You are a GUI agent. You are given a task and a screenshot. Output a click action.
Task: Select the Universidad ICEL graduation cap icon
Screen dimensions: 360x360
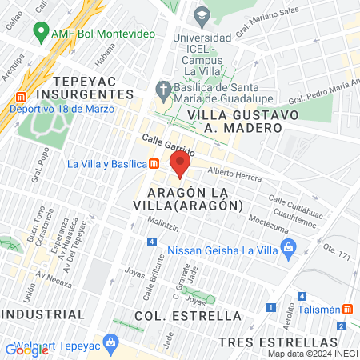[x=202, y=14]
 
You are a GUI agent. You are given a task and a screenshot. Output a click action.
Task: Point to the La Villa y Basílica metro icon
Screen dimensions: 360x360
[x=153, y=165]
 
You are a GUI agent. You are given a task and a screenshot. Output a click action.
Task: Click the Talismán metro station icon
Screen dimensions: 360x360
[x=347, y=310]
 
